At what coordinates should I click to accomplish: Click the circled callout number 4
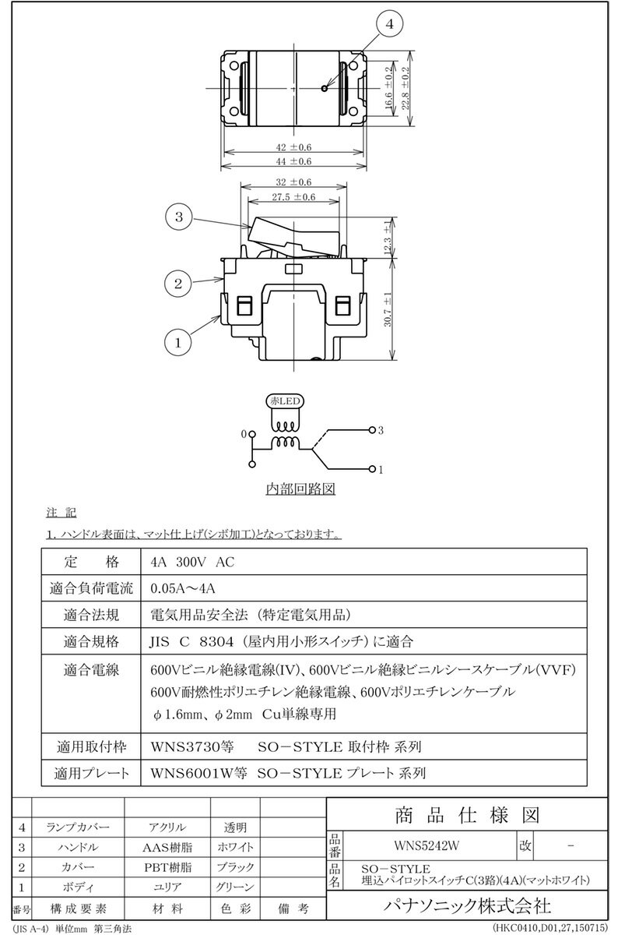point(389,24)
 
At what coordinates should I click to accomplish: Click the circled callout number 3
point(178,218)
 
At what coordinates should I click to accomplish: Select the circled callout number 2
point(178,283)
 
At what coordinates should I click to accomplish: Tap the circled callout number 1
point(178,340)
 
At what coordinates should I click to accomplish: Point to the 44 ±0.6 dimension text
point(294,161)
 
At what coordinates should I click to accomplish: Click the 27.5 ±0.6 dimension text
point(294,197)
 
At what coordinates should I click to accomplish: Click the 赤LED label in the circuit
point(289,400)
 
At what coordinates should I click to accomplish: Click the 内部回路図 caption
point(300,490)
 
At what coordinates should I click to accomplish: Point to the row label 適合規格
point(92,642)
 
